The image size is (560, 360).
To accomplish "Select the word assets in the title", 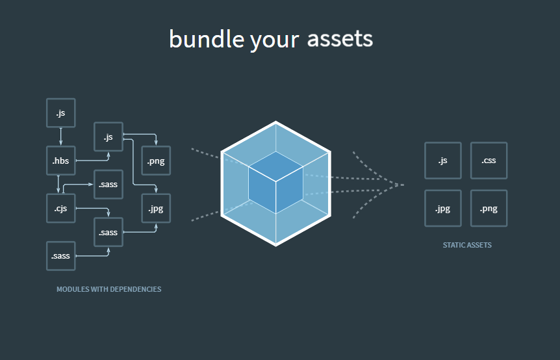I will (x=340, y=38).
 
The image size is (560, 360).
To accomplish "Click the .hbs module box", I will (x=60, y=161).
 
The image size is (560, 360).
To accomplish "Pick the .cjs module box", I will (x=60, y=208).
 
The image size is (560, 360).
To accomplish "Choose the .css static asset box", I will (x=489, y=161).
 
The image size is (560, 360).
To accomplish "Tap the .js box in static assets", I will (x=442, y=161).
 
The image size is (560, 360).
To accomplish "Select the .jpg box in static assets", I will (x=442, y=209).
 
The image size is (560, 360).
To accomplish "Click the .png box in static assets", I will (x=489, y=209).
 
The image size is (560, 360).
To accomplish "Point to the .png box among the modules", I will (x=156, y=161).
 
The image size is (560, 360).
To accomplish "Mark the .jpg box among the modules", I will (x=156, y=209).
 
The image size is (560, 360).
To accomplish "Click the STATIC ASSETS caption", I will (x=467, y=245).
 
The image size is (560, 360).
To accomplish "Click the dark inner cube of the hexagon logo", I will (x=275, y=183).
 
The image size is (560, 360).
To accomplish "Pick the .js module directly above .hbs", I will (x=60, y=112).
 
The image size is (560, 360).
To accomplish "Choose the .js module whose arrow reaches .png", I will (x=108, y=136).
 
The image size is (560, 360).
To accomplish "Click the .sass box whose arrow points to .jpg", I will (x=108, y=232).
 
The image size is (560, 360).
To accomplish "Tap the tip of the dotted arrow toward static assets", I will (x=401, y=185).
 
